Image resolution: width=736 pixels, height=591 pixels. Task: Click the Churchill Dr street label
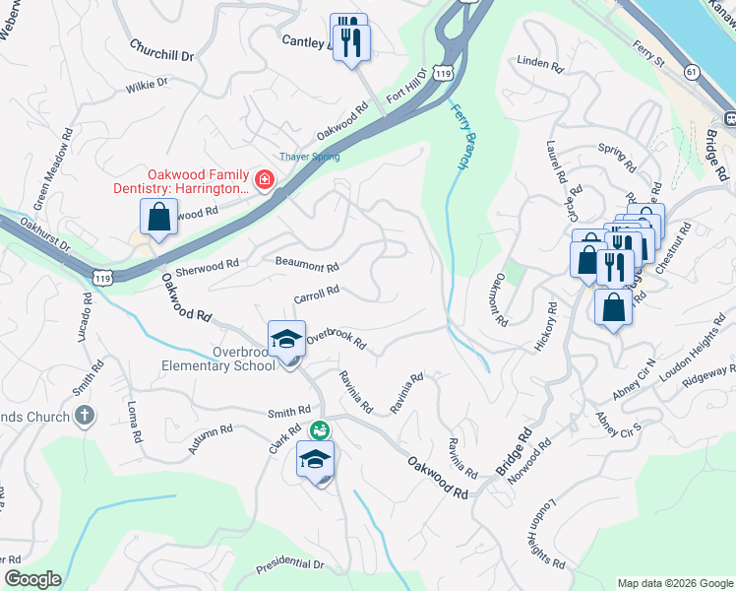coord(162,50)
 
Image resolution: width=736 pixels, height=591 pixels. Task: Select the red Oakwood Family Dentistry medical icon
coord(264,179)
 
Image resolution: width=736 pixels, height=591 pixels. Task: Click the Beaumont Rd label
coord(307,266)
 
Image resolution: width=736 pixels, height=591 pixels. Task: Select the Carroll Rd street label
coord(316,294)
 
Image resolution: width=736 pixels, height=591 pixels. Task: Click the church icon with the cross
coord(85,415)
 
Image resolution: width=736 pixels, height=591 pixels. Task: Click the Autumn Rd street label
coord(211,438)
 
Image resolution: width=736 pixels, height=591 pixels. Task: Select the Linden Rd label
coord(539,65)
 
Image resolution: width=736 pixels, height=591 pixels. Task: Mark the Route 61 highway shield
coord(693,72)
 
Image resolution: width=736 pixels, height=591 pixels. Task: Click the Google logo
coord(31,579)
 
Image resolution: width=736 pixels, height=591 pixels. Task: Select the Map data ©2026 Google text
coord(674,583)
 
